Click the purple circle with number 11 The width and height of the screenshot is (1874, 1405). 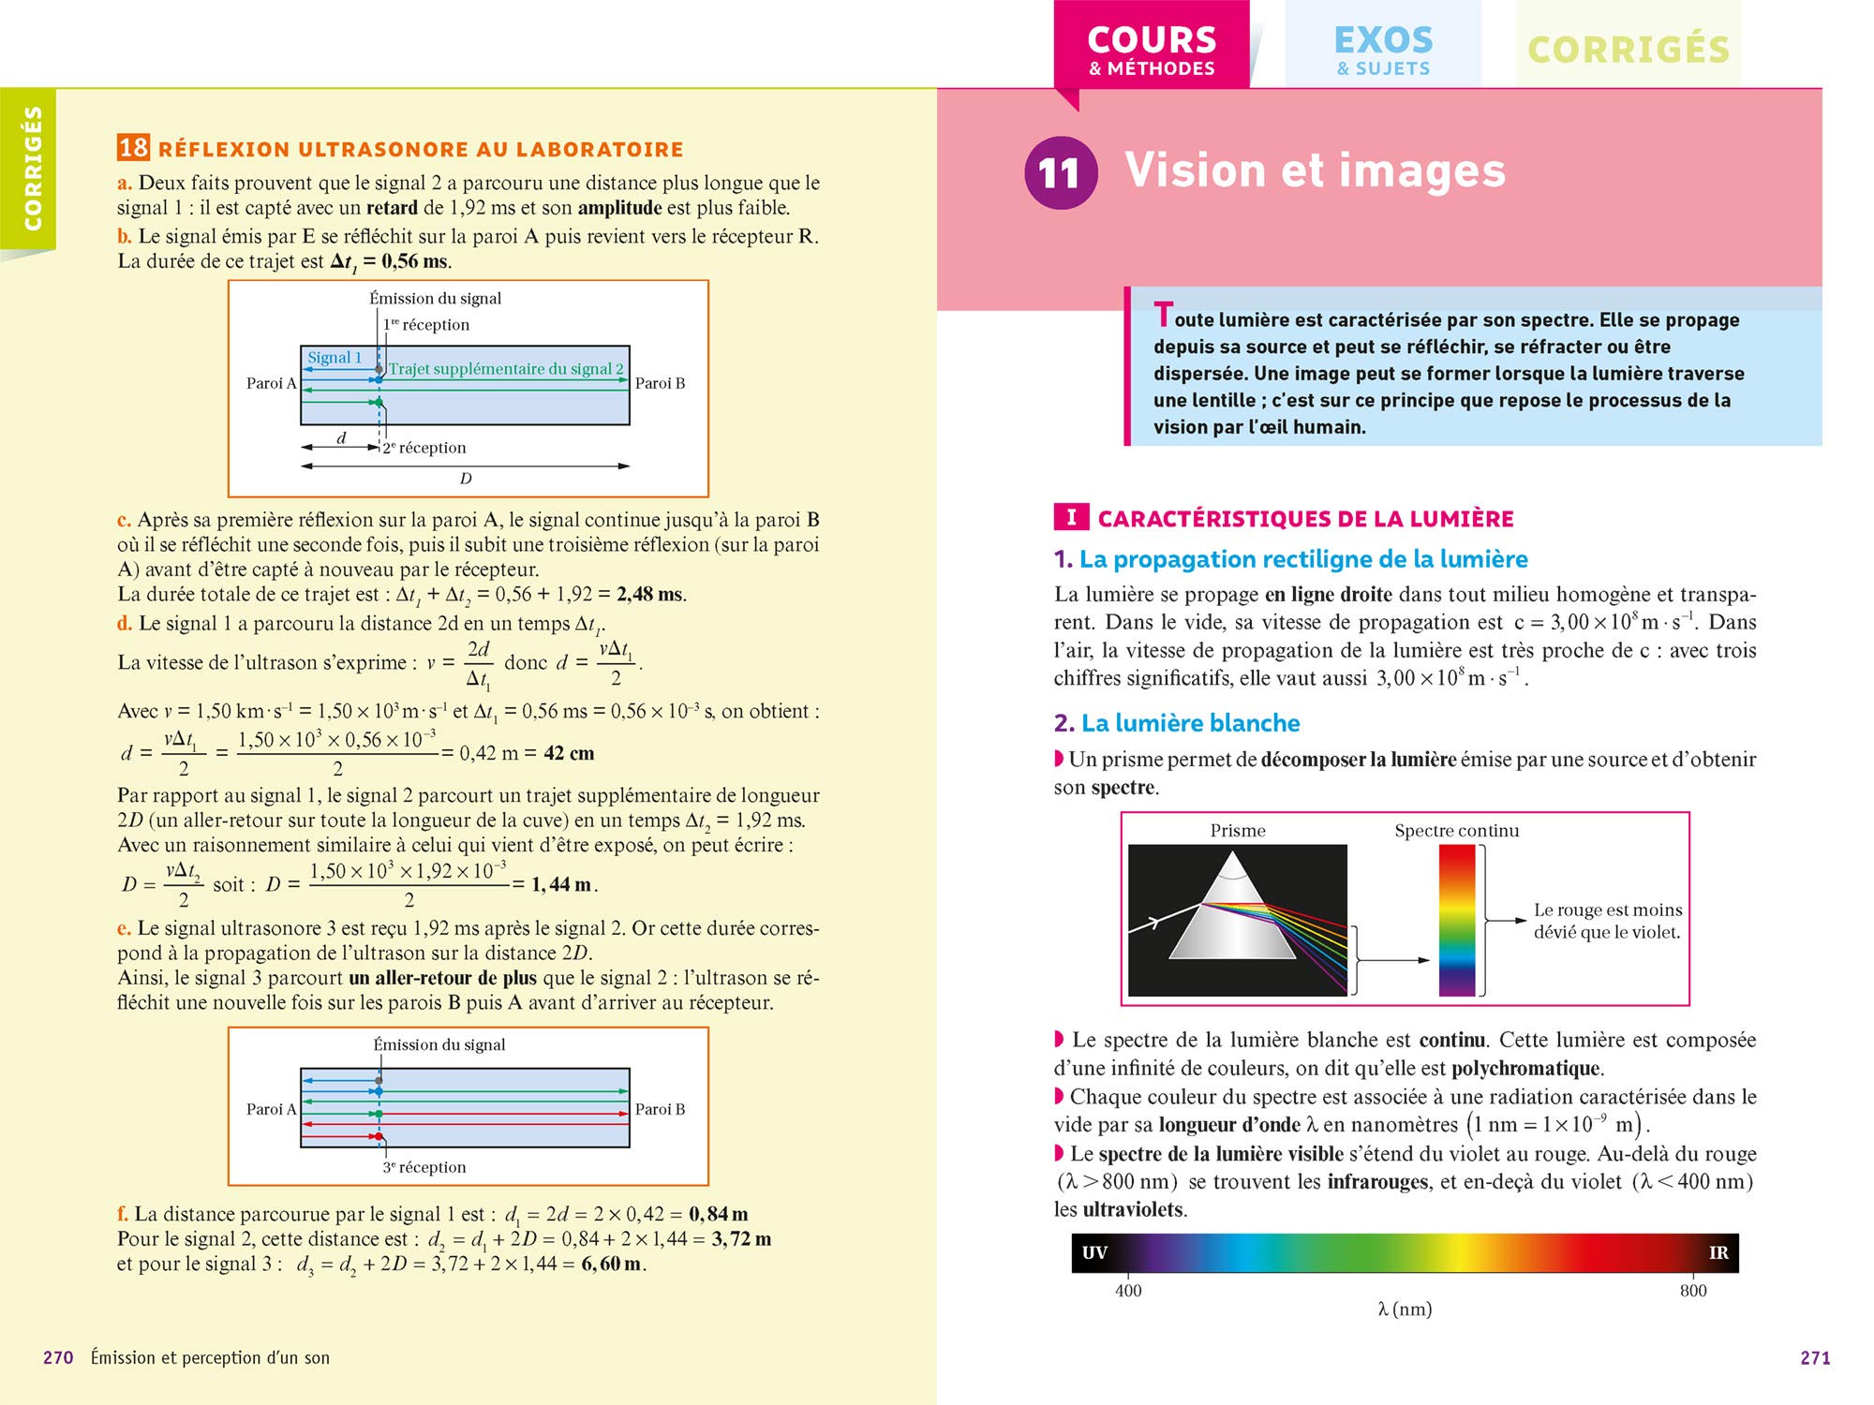[x=1060, y=172]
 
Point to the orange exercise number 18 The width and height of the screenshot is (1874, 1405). [x=133, y=148]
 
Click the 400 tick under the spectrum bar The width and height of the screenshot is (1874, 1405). [x=1128, y=1290]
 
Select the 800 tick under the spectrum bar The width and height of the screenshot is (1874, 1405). [x=1693, y=1290]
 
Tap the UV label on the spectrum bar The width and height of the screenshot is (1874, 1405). [x=1094, y=1252]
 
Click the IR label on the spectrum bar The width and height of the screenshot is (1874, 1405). [x=1718, y=1252]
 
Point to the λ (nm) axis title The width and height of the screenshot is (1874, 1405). [x=1405, y=1309]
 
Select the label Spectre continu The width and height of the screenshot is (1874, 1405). [x=1456, y=831]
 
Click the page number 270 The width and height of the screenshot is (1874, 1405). [x=58, y=1357]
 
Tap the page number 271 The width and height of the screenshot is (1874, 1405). [x=1815, y=1357]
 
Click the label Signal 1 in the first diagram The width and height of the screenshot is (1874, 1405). [x=335, y=358]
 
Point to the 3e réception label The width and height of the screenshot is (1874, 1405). [x=424, y=1167]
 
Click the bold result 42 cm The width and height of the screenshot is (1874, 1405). [x=569, y=753]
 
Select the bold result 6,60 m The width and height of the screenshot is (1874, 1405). [x=612, y=1264]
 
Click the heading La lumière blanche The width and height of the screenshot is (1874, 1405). [x=1190, y=723]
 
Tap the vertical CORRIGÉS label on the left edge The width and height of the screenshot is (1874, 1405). [x=33, y=169]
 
